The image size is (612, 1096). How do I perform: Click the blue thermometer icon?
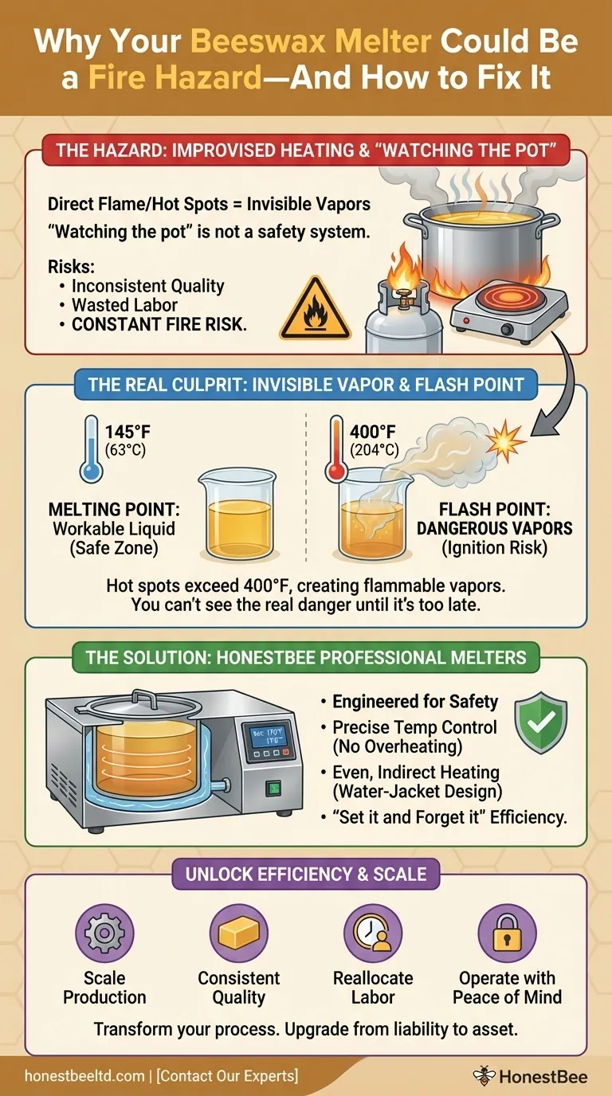(x=91, y=450)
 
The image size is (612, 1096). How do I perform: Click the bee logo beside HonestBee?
(x=483, y=1076)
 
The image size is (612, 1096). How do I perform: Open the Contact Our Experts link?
(x=227, y=1076)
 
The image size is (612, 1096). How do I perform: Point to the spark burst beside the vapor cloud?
(x=508, y=437)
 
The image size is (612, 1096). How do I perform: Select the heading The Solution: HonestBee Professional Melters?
(x=306, y=657)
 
